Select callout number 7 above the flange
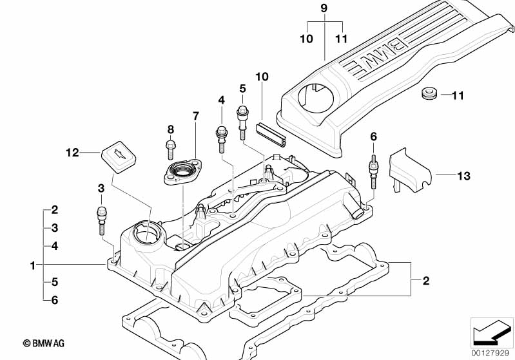tap(196, 116)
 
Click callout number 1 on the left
tap(32, 265)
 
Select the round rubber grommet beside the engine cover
tap(428, 95)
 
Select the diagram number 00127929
tap(492, 353)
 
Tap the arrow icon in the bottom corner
tap(491, 332)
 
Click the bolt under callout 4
tap(221, 137)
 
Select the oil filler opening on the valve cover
tap(146, 232)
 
